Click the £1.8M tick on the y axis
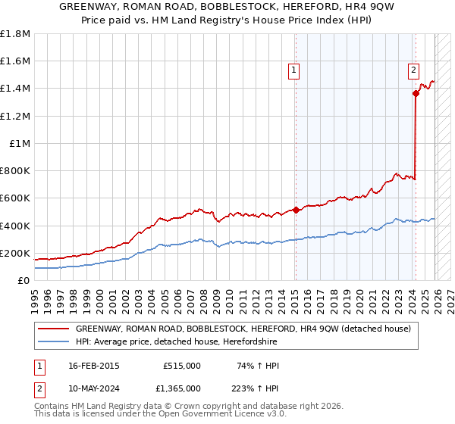tap(15, 34)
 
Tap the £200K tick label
tap(15, 253)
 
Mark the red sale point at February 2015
tap(296, 210)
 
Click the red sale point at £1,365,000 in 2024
tap(416, 94)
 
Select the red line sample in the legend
tap(53, 329)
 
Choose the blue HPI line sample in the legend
tap(53, 342)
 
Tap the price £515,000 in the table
tap(182, 366)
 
